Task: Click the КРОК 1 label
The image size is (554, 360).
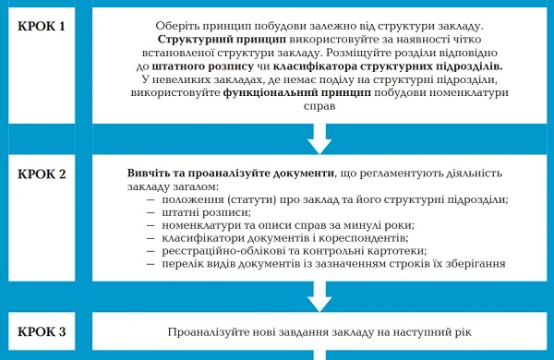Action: [x=42, y=25]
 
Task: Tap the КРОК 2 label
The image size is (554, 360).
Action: [x=42, y=173]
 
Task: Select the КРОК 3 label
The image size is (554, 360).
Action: [x=42, y=330]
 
